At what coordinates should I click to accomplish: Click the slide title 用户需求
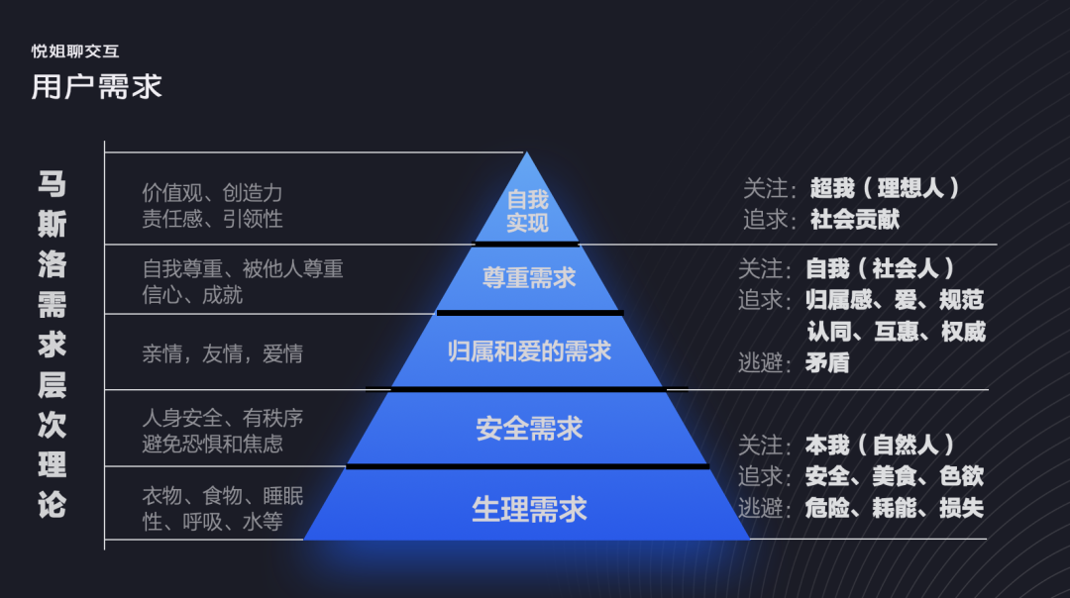(x=96, y=87)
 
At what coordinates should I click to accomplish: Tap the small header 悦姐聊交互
(x=75, y=51)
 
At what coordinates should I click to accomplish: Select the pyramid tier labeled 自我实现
(x=527, y=212)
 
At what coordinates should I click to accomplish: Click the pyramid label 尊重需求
(x=528, y=278)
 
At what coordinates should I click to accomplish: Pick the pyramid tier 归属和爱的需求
(x=529, y=351)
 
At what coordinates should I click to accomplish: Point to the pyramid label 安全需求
(x=529, y=429)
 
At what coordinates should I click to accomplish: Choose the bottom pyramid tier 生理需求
(x=529, y=509)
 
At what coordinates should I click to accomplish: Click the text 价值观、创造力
(x=212, y=193)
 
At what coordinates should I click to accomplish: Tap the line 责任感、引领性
(x=212, y=219)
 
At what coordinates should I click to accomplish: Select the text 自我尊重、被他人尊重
(x=243, y=269)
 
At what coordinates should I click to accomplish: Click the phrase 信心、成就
(x=192, y=295)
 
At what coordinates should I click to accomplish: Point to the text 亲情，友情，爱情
(x=222, y=353)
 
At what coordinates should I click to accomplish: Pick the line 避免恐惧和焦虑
(x=212, y=444)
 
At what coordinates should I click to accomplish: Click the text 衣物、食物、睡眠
(x=222, y=496)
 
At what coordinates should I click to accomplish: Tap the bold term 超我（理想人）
(x=885, y=188)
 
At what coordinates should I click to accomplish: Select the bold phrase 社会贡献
(x=854, y=220)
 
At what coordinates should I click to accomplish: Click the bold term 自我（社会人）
(x=880, y=268)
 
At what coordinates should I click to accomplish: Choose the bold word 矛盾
(x=827, y=362)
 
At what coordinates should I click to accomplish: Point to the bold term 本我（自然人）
(x=880, y=445)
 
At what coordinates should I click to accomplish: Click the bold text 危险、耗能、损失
(x=895, y=508)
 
